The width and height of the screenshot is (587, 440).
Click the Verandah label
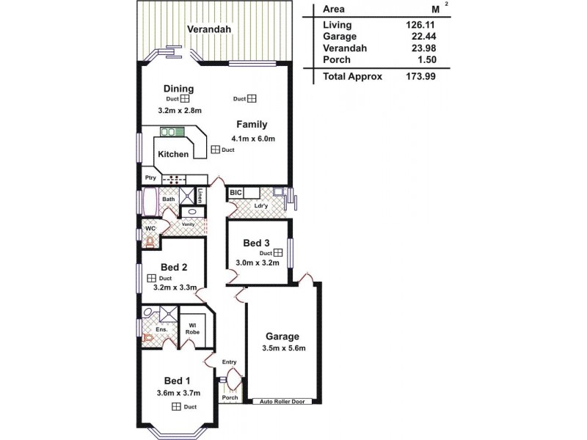(209, 29)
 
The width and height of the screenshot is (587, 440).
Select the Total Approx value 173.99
(415, 76)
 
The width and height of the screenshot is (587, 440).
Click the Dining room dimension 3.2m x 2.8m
(180, 111)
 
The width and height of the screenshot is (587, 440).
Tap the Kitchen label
(173, 155)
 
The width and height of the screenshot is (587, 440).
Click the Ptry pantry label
(150, 178)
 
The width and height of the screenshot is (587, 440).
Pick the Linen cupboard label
(200, 196)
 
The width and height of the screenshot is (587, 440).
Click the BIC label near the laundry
(236, 193)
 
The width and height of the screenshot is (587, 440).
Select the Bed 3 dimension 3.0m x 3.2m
(257, 263)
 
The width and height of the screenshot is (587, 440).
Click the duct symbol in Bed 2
(150, 279)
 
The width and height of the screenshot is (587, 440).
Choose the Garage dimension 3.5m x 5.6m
(283, 348)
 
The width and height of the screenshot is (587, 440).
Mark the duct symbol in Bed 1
(176, 406)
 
